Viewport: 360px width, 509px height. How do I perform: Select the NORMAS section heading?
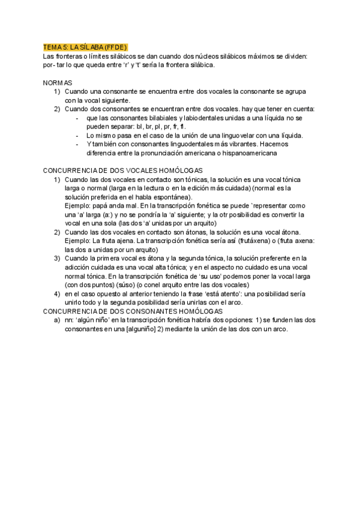(58, 82)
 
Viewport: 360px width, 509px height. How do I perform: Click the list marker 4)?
(57, 294)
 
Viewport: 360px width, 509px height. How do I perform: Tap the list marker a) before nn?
(57, 320)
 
